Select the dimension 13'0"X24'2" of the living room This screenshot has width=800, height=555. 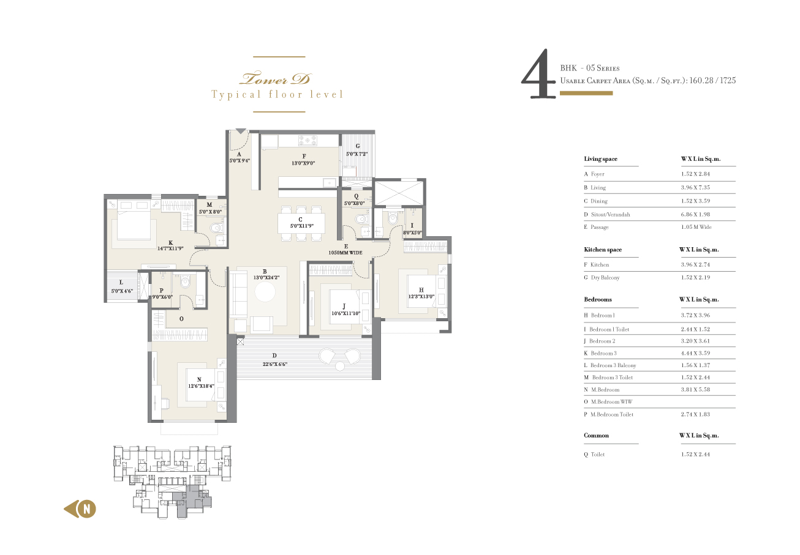coord(266,278)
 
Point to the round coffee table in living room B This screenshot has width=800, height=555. coord(265,292)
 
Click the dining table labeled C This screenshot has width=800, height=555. coord(301,223)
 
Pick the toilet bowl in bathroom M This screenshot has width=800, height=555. coord(216,228)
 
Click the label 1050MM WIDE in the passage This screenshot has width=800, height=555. coord(345,253)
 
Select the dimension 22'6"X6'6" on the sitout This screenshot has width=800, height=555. coord(275,364)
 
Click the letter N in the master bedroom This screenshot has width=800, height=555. coord(199,379)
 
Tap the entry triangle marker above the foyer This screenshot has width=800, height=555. coord(241,132)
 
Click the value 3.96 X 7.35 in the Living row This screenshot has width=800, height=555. coord(695,188)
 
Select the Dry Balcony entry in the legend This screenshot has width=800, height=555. coord(602,278)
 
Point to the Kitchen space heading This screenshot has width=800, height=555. coord(603,250)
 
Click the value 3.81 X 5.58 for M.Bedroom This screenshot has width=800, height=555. coord(695,390)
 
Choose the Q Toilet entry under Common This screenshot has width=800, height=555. coord(594,455)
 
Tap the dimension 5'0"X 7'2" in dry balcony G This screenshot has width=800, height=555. coord(357,154)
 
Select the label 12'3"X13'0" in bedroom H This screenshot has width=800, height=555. coord(421,296)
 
